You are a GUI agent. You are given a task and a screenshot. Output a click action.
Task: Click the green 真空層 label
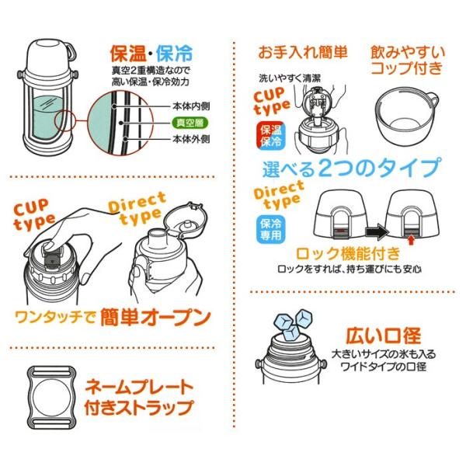click(190, 123)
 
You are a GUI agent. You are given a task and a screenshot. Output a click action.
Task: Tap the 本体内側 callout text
click(191, 106)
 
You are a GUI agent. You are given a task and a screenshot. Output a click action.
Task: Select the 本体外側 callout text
click(191, 139)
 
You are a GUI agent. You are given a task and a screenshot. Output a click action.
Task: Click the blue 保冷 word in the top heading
click(175, 54)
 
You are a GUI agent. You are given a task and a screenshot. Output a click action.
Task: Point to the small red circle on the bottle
click(65, 120)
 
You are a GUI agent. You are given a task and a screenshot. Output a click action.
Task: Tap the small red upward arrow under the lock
click(411, 240)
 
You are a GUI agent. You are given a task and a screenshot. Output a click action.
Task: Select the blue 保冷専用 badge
click(270, 230)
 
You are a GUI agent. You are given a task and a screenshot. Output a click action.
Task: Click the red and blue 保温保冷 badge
click(270, 135)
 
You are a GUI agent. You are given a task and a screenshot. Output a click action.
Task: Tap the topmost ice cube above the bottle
click(304, 318)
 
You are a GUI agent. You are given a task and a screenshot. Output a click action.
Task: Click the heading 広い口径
click(384, 336)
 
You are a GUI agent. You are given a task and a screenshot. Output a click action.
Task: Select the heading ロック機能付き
click(348, 253)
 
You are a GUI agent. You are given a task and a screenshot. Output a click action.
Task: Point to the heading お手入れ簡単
click(303, 53)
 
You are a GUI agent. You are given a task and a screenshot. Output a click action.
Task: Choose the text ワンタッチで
click(55, 317)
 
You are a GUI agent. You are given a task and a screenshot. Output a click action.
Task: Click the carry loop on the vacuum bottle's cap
click(71, 51)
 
